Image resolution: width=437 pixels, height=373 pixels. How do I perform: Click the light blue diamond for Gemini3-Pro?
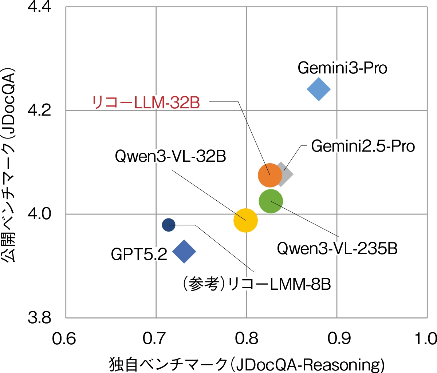pyautogui.click(x=319, y=89)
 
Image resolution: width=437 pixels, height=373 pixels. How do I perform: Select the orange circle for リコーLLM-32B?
pyautogui.click(x=270, y=175)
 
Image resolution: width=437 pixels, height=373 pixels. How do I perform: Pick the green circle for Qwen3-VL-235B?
pyautogui.click(x=271, y=201)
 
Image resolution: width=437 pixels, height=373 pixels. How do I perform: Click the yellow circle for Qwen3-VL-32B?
pyautogui.click(x=245, y=220)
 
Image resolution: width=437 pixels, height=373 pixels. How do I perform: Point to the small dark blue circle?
pyautogui.click(x=169, y=225)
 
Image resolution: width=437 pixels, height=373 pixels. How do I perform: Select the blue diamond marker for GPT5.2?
pyautogui.click(x=184, y=251)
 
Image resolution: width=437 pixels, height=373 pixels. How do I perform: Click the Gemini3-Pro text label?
pyautogui.click(x=342, y=68)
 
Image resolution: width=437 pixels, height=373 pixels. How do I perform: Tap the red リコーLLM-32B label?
pyautogui.click(x=146, y=103)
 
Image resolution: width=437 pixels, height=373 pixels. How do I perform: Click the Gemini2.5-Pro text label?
pyautogui.click(x=363, y=146)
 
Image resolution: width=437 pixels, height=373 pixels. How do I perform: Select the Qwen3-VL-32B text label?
pyautogui.click(x=170, y=157)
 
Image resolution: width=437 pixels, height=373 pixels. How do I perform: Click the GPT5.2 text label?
pyautogui.click(x=139, y=254)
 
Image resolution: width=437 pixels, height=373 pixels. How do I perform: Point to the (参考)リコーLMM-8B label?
pyautogui.click(x=256, y=284)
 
